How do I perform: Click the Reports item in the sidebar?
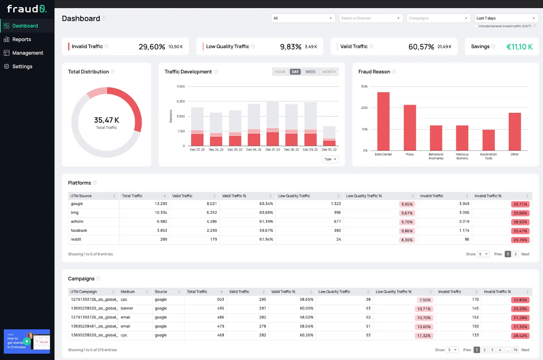tap(21, 39)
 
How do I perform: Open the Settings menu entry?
tap(22, 67)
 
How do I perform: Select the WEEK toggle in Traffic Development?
tap(310, 72)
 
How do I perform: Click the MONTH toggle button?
tap(329, 72)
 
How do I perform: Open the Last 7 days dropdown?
tap(506, 18)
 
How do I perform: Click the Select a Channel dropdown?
tap(371, 18)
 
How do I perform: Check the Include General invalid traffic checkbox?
tap(476, 26)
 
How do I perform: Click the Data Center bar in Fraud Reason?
tap(383, 121)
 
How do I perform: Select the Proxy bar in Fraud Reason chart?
tap(410, 128)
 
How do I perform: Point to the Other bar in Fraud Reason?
tap(514, 132)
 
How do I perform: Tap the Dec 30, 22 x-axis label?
tap(329, 150)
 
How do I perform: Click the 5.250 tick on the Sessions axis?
tap(181, 101)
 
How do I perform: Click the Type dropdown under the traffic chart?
tap(330, 159)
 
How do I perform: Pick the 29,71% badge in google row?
tap(520, 204)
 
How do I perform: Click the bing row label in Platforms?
tap(75, 212)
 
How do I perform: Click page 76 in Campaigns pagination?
tap(515, 350)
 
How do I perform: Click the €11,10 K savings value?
tap(519, 47)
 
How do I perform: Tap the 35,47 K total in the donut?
tap(106, 120)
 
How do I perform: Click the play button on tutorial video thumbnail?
tap(27, 341)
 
